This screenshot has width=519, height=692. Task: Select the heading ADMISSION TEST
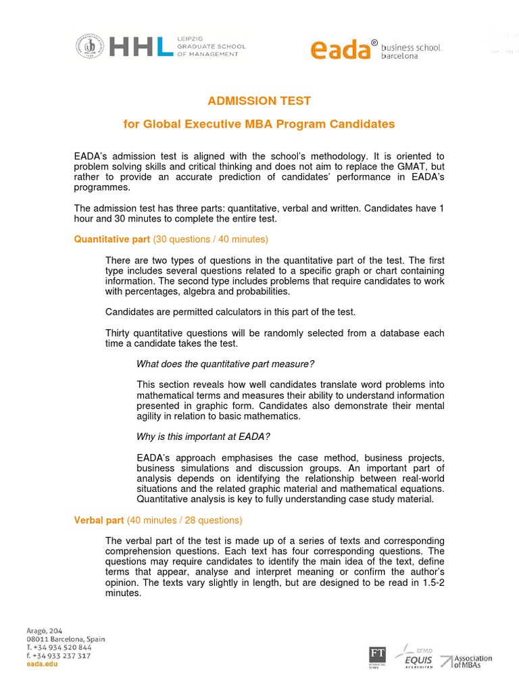point(259,101)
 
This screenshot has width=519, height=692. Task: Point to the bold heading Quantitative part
point(112,239)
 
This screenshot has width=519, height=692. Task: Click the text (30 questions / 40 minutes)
point(211,239)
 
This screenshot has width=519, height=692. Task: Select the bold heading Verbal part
point(99,520)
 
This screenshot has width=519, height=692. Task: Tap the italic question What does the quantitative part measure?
point(225,364)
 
